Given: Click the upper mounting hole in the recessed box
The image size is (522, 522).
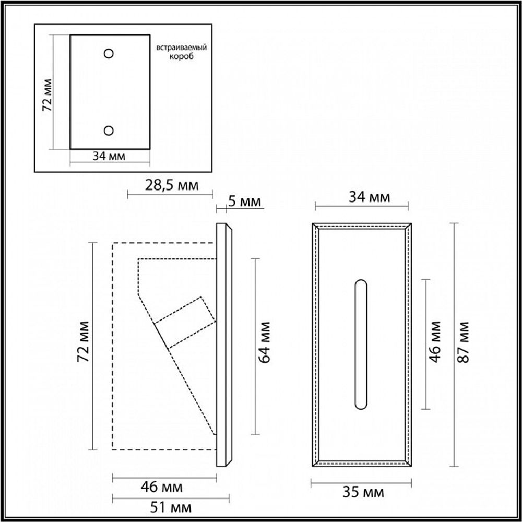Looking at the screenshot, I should click(x=109, y=53).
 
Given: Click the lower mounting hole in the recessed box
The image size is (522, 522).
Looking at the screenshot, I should click(x=109, y=130).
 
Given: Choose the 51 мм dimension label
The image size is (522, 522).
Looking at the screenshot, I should click(x=171, y=507).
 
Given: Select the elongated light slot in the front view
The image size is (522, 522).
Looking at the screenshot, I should click(x=360, y=345).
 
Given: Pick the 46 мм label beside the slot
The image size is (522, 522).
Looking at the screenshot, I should click(x=437, y=345).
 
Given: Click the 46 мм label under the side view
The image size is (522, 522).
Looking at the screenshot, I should click(x=163, y=488).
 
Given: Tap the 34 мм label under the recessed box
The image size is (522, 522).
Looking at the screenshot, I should click(x=109, y=156).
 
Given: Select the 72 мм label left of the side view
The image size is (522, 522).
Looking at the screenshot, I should click(x=83, y=347).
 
